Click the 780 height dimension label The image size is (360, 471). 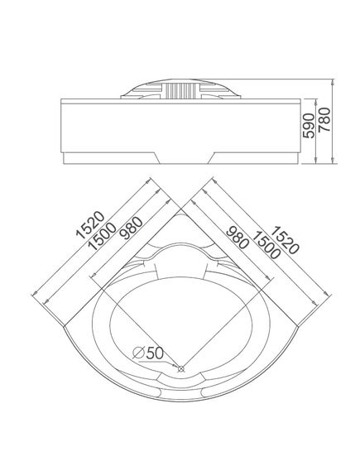tap(324, 119)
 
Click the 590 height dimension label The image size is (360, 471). tap(309, 126)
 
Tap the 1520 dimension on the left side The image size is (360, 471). tap(90, 225)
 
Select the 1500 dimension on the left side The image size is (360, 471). tap(102, 237)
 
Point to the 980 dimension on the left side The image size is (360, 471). tap(131, 228)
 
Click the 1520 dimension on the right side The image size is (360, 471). tap(285, 240)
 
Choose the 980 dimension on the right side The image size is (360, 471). tap(238, 238)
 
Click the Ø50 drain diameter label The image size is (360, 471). tap(148, 353)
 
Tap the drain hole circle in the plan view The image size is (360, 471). tap(181, 368)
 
